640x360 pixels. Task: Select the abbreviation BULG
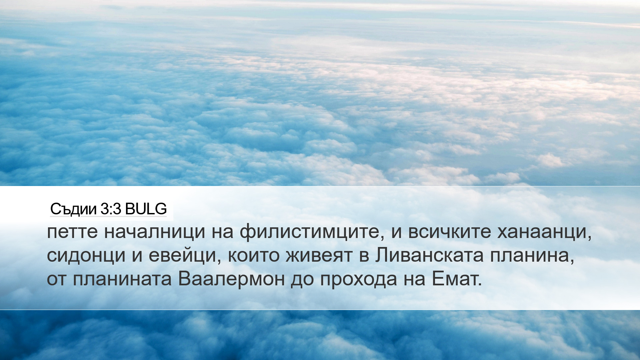pos(146,209)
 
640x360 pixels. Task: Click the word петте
pos(72,232)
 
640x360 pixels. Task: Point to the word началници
pos(155,233)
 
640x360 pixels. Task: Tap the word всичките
pos(449,232)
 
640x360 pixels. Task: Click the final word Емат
pos(457,279)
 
